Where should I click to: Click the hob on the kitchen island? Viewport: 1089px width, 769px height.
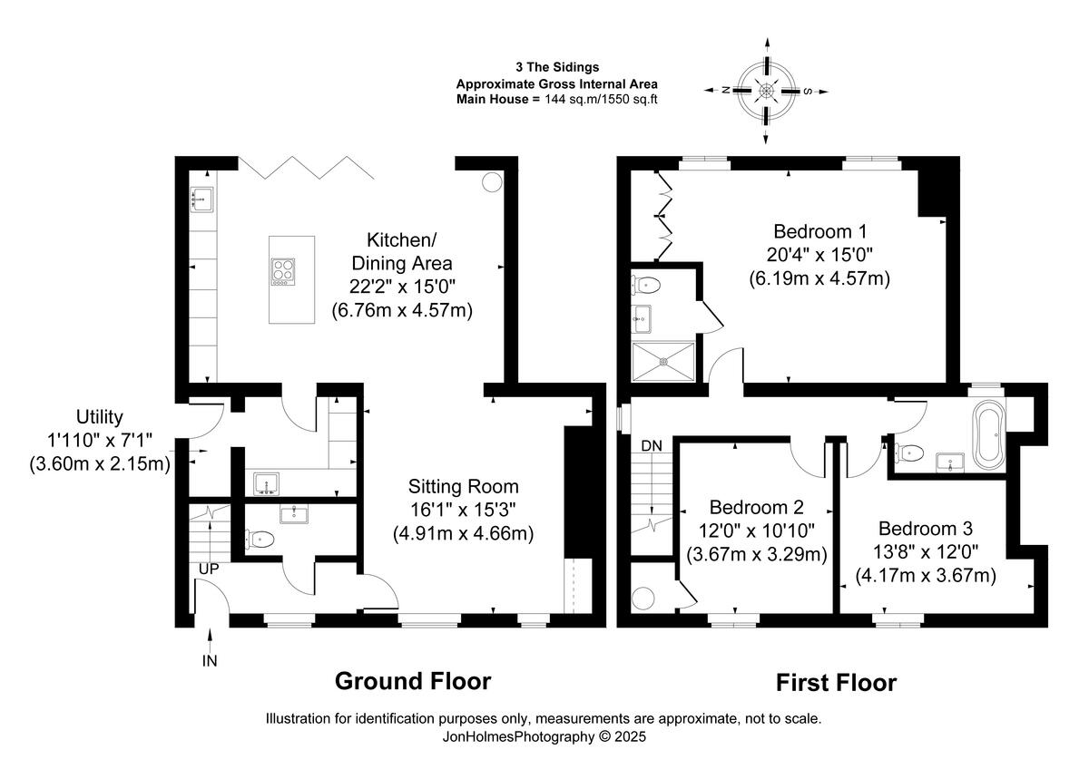[283, 272]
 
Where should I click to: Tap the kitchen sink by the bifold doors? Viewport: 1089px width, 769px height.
[201, 200]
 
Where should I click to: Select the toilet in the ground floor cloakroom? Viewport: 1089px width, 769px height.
[260, 539]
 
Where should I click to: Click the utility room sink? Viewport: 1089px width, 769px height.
[267, 483]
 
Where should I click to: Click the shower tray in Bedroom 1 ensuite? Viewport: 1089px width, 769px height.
[663, 362]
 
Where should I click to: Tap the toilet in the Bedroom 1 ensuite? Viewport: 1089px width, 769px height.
[645, 285]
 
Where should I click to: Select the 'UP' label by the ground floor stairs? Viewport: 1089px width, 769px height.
[209, 569]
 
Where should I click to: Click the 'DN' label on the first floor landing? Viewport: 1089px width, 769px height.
[652, 445]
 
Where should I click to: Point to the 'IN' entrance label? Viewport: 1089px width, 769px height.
[210, 661]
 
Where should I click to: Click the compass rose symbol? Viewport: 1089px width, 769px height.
[766, 91]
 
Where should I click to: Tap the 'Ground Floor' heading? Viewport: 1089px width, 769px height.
[413, 681]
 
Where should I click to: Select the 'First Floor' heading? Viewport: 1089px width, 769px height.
[836, 683]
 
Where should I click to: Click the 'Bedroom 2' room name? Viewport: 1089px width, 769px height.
[757, 507]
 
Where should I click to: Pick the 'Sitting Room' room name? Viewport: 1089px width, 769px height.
[464, 486]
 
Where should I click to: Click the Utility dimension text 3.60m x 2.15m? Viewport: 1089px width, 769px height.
[100, 464]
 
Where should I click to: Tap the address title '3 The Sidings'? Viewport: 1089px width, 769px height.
[557, 67]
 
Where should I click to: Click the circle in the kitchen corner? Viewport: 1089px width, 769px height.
[492, 182]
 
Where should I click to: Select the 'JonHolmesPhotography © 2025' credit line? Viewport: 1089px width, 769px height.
[544, 737]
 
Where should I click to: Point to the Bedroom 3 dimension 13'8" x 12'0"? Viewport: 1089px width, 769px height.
[926, 552]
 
